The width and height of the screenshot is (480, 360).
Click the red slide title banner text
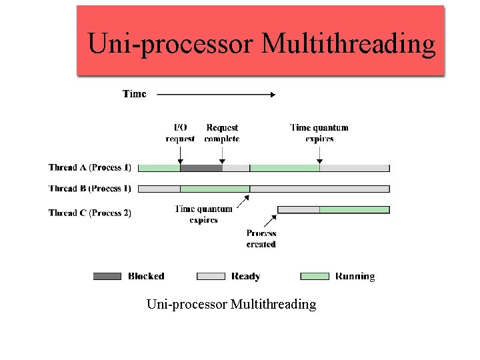261,44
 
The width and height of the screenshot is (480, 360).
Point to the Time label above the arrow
134,94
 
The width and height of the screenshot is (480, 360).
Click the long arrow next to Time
215,95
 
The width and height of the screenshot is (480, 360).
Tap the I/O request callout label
180,133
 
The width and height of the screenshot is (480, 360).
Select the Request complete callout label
222,133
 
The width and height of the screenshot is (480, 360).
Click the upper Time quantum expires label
319,133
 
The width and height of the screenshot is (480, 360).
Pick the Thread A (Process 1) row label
90,167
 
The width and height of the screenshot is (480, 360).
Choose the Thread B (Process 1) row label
90,189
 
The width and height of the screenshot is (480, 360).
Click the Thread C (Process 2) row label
90,213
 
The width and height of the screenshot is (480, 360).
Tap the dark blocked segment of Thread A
201,168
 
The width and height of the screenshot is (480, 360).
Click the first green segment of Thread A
159,168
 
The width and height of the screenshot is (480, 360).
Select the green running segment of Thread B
215,189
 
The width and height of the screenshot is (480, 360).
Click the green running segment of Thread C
354,209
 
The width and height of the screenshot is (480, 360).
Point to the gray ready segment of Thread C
298,209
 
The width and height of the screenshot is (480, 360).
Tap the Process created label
261,239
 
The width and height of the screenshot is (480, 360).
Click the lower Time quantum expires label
203,214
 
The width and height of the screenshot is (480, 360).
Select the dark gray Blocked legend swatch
107,276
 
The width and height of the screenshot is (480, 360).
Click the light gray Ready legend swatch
211,276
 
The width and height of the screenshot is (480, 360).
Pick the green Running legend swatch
315,276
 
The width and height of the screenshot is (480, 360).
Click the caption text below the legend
231,305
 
